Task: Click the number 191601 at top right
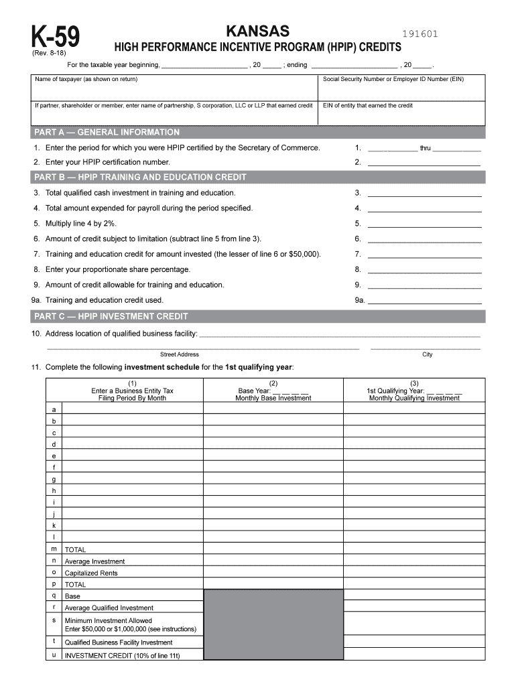(x=420, y=34)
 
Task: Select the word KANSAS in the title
(x=258, y=31)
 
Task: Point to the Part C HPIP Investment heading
(x=111, y=316)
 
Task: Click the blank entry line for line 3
(x=424, y=193)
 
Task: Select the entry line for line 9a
(x=424, y=300)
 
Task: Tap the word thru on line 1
(x=425, y=148)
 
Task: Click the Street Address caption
(x=179, y=354)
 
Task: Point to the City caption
(x=427, y=354)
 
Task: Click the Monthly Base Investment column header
(x=273, y=398)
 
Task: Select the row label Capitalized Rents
(x=90, y=573)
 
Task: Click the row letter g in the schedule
(x=54, y=479)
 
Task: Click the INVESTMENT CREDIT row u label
(x=122, y=656)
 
